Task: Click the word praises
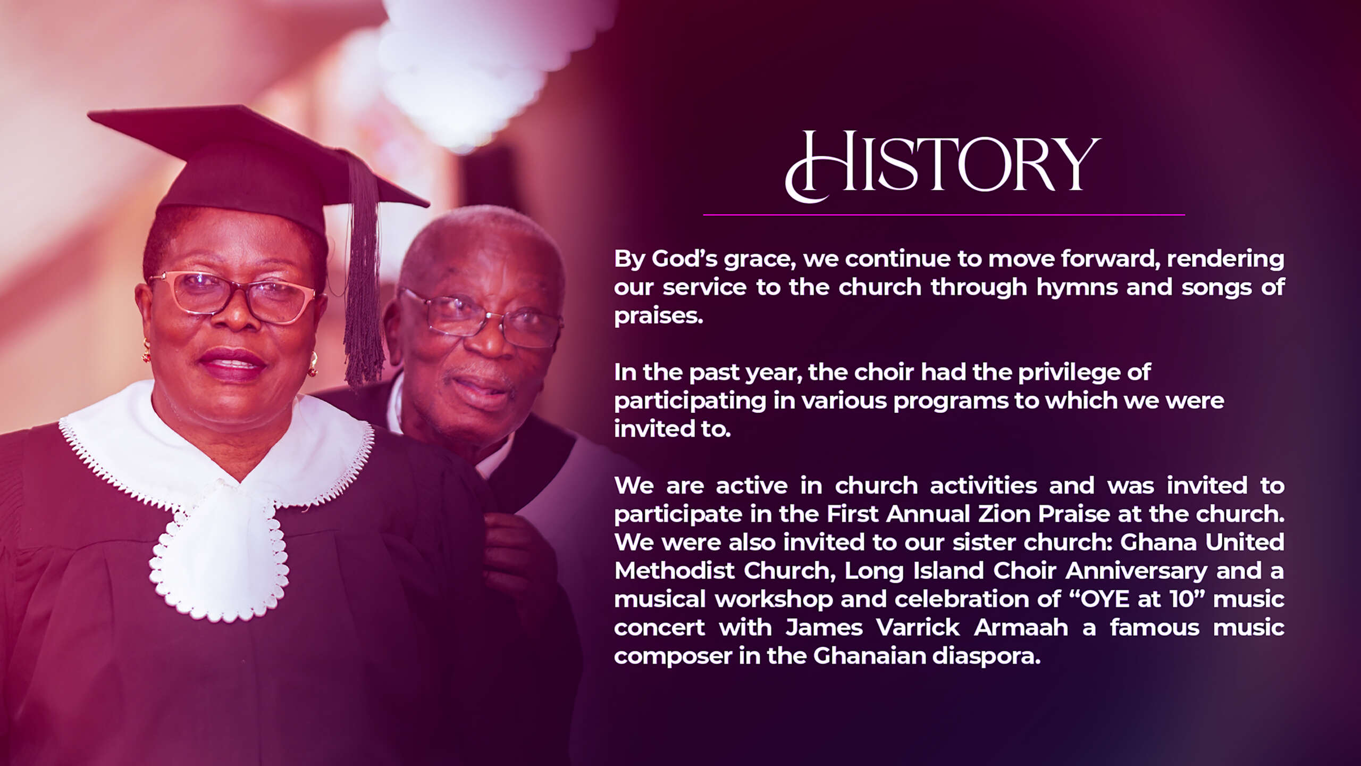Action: tap(658, 316)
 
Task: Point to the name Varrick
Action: tap(918, 628)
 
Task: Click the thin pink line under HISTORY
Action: tap(944, 215)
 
